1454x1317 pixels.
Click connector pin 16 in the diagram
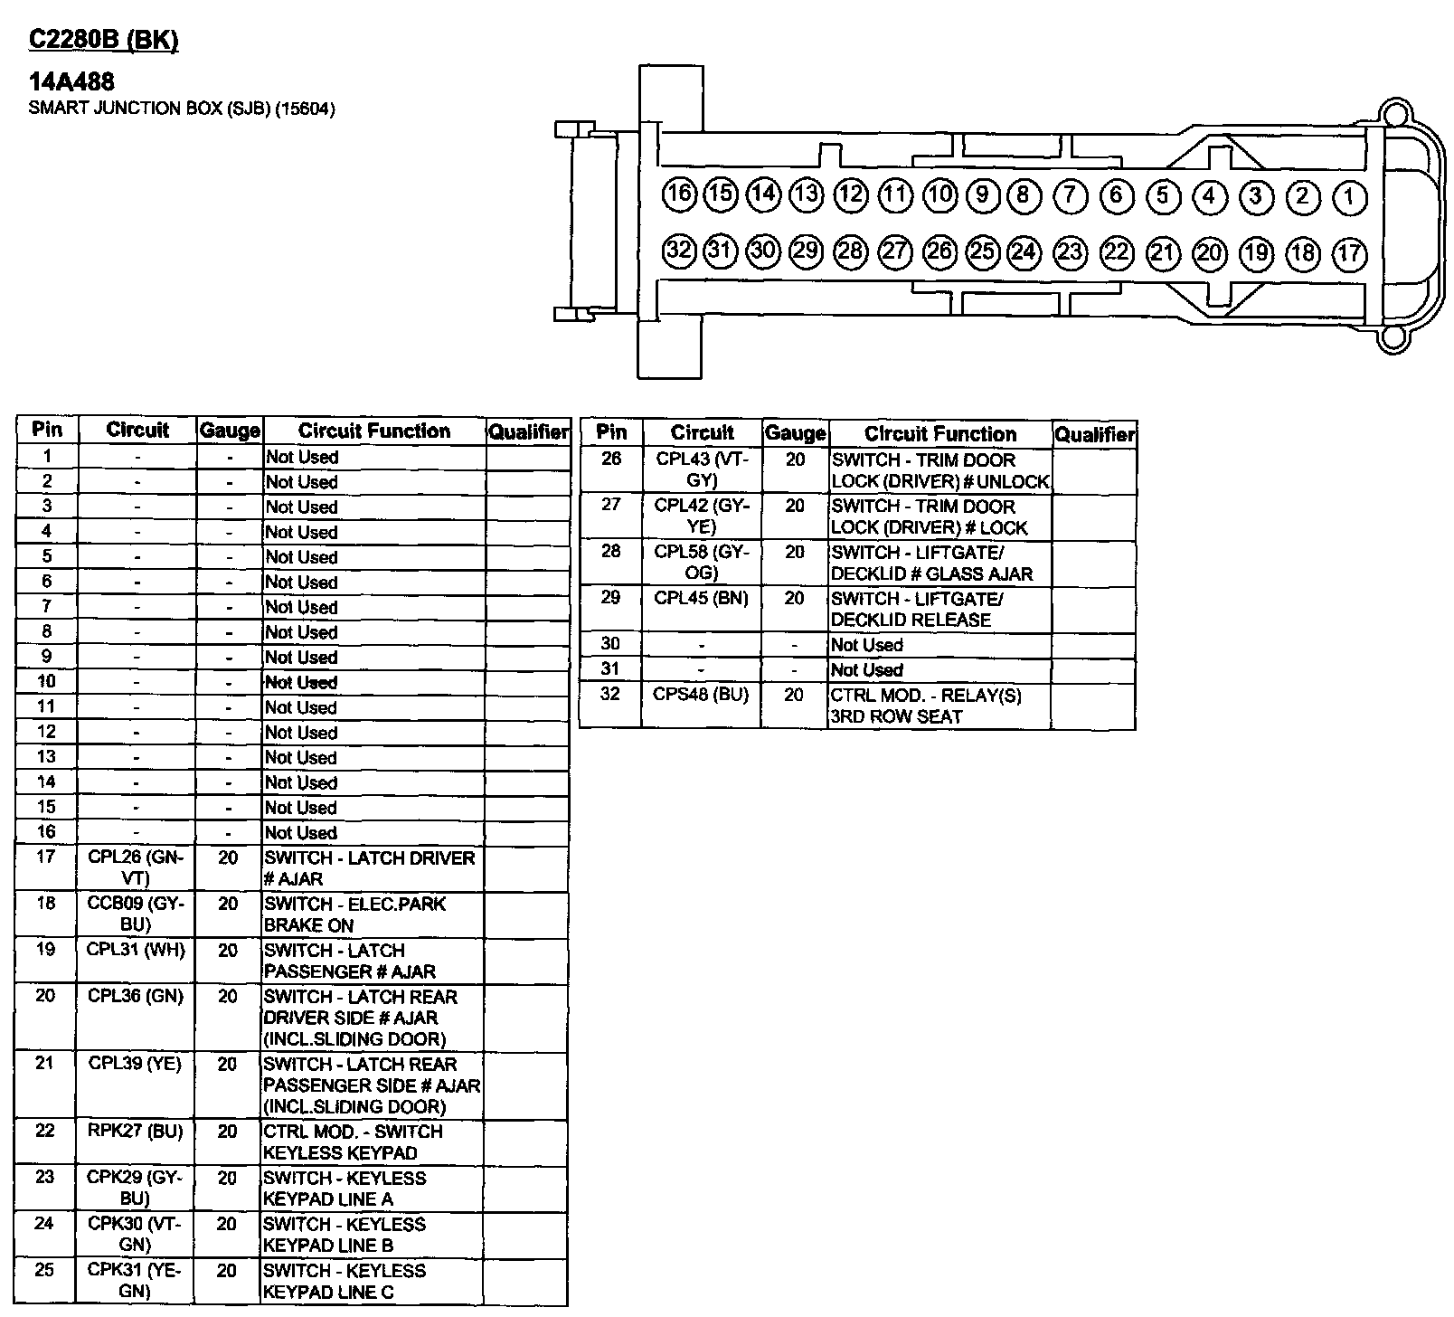pyautogui.click(x=678, y=194)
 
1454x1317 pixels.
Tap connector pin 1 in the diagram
pyautogui.click(x=1349, y=196)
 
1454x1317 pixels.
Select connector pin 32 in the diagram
pyautogui.click(x=678, y=250)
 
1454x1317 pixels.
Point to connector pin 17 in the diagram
pyautogui.click(x=1349, y=252)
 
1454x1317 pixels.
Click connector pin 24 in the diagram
pyautogui.click(x=1024, y=251)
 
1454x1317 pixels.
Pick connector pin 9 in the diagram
pyautogui.click(x=981, y=194)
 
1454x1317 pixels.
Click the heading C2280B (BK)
pyautogui.click(x=104, y=41)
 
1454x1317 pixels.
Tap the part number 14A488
pyautogui.click(x=71, y=82)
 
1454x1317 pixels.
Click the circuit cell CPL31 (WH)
pyautogui.click(x=136, y=950)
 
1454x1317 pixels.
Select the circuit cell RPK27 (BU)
pyautogui.click(x=136, y=1131)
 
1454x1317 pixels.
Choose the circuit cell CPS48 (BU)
pyautogui.click(x=701, y=695)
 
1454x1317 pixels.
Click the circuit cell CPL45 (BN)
pyautogui.click(x=701, y=598)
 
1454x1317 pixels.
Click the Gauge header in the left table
pyautogui.click(x=230, y=431)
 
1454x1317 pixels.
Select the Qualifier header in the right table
pyautogui.click(x=1094, y=434)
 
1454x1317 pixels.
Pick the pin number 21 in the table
pyautogui.click(x=45, y=1063)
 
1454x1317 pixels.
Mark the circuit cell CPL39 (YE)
pyautogui.click(x=136, y=1064)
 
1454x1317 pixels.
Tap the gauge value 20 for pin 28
pyautogui.click(x=794, y=552)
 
